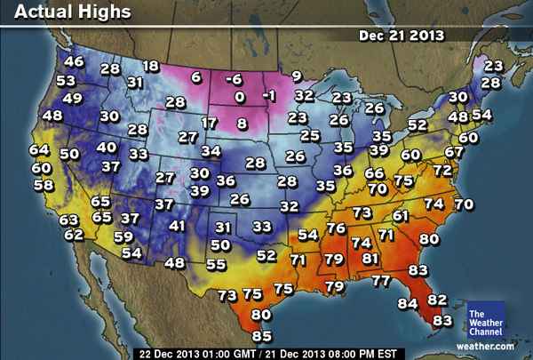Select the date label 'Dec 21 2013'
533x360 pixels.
(x=402, y=36)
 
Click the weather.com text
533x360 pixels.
(x=485, y=345)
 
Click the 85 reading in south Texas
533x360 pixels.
(x=261, y=336)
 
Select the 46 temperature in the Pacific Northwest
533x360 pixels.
(x=74, y=61)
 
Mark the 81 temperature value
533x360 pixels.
(x=371, y=259)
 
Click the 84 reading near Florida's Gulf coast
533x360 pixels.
(x=407, y=304)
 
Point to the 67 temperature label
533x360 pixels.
(x=454, y=152)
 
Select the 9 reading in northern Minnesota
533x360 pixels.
(x=296, y=76)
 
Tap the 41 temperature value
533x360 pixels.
(x=178, y=226)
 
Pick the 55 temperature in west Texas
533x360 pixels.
(x=215, y=264)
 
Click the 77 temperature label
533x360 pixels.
(x=380, y=281)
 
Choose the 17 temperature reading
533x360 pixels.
(x=209, y=123)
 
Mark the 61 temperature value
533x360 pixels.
(x=401, y=216)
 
